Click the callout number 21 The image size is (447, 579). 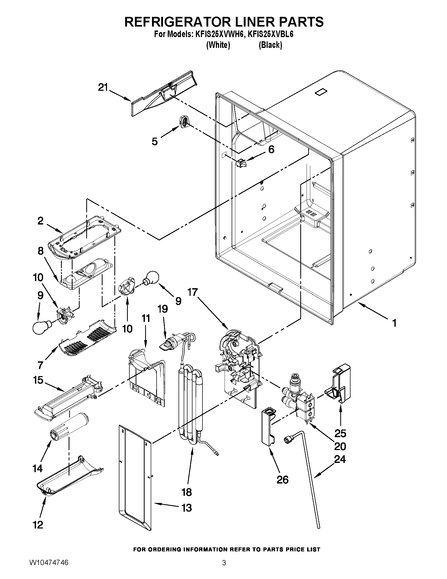click(x=103, y=87)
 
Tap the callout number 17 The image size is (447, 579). click(x=192, y=292)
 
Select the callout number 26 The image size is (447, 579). click(x=282, y=479)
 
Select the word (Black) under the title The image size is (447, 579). click(x=270, y=45)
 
